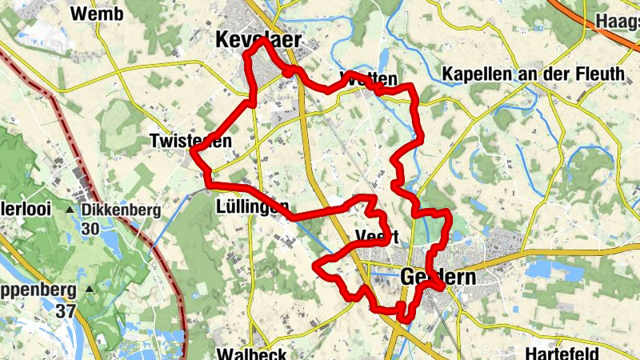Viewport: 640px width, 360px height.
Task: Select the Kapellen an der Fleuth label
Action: click(x=533, y=74)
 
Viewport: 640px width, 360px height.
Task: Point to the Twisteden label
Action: click(x=190, y=142)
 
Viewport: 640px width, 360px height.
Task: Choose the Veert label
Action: click(x=376, y=237)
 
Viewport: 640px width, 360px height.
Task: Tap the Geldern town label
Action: click(x=436, y=278)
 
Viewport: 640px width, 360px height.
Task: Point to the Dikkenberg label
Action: click(x=122, y=210)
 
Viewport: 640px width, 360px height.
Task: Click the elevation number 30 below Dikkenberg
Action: click(x=90, y=228)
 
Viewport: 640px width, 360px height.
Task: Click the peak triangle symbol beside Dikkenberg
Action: click(x=70, y=210)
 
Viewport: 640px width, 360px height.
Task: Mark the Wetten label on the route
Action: click(x=368, y=79)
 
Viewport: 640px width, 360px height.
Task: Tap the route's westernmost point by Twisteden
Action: click(x=193, y=151)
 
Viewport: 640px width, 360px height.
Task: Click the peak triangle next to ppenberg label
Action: click(x=90, y=290)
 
